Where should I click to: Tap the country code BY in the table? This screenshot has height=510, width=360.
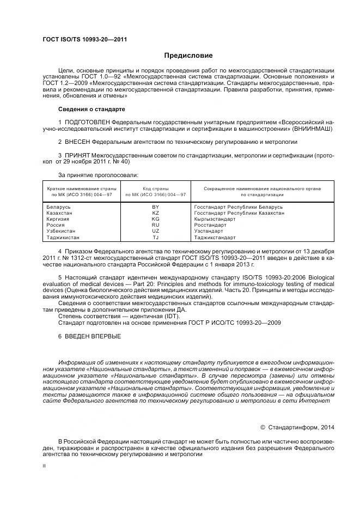(156, 208)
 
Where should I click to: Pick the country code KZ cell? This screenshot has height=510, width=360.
(156, 214)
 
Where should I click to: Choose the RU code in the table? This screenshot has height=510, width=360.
(156, 225)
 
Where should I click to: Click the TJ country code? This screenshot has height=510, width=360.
(156, 238)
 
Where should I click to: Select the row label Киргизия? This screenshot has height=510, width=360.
(60, 219)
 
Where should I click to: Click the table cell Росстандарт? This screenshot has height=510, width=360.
(210, 225)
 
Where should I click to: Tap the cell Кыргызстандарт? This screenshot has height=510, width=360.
(215, 219)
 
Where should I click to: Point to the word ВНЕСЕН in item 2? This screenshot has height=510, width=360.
(77, 142)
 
